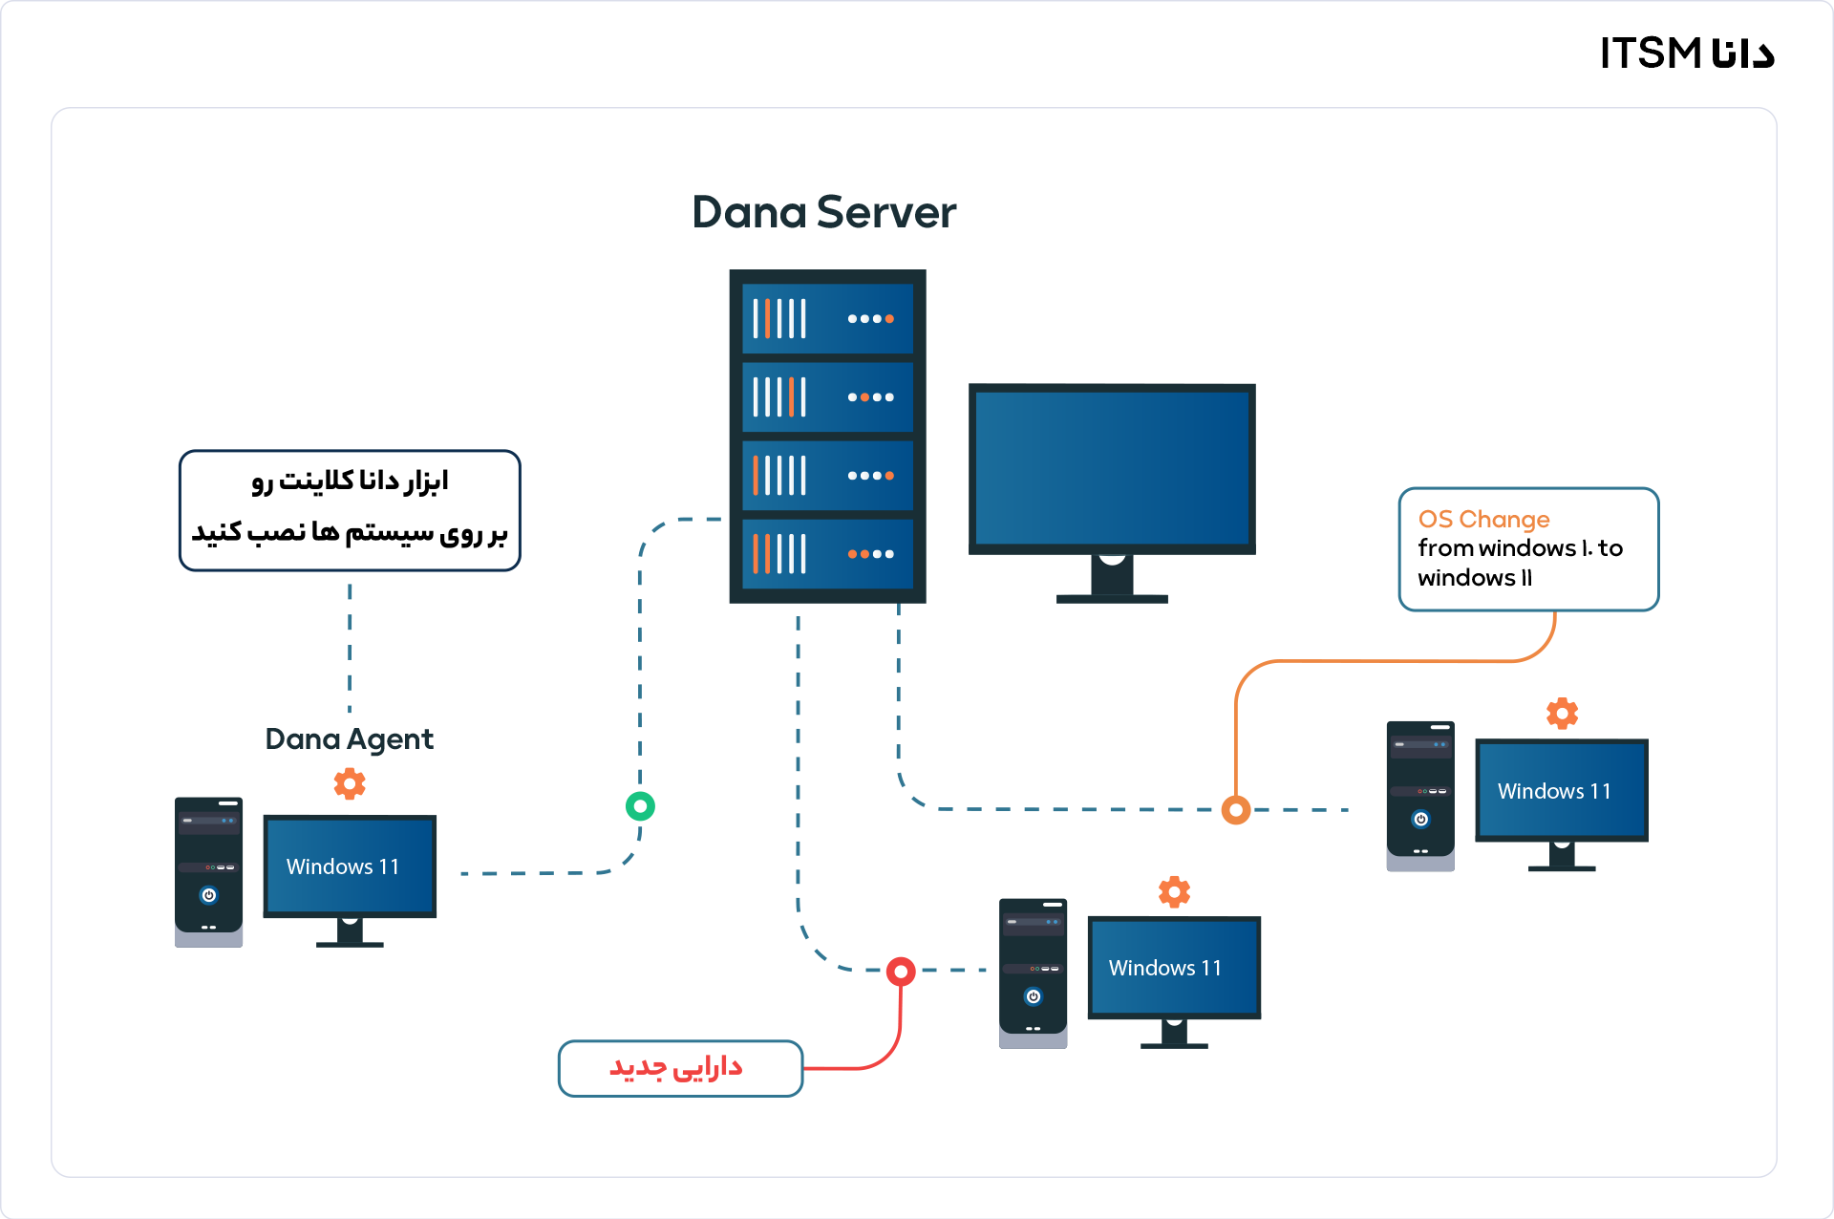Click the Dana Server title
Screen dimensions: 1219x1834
823,212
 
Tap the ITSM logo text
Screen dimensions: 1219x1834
1687,53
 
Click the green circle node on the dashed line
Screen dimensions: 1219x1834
640,806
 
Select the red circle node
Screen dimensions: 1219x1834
901,972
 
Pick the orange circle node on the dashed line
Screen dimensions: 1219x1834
1236,810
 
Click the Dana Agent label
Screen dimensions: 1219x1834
349,738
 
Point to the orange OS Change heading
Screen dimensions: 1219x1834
1483,519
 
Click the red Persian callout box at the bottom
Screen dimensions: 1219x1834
680,1068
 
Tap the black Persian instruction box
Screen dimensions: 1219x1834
350,510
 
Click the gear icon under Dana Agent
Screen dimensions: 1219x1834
350,783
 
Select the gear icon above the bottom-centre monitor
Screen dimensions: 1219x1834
1174,891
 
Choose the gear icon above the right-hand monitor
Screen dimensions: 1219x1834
1562,713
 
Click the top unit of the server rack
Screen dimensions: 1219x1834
827,318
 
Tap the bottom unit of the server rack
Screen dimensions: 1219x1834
827,554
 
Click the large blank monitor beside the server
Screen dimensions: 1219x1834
1112,468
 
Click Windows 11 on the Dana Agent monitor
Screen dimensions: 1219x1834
343,866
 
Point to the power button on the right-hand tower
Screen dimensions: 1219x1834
1420,819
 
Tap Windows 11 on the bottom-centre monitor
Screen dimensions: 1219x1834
1165,968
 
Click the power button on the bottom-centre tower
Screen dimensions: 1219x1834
1033,996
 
